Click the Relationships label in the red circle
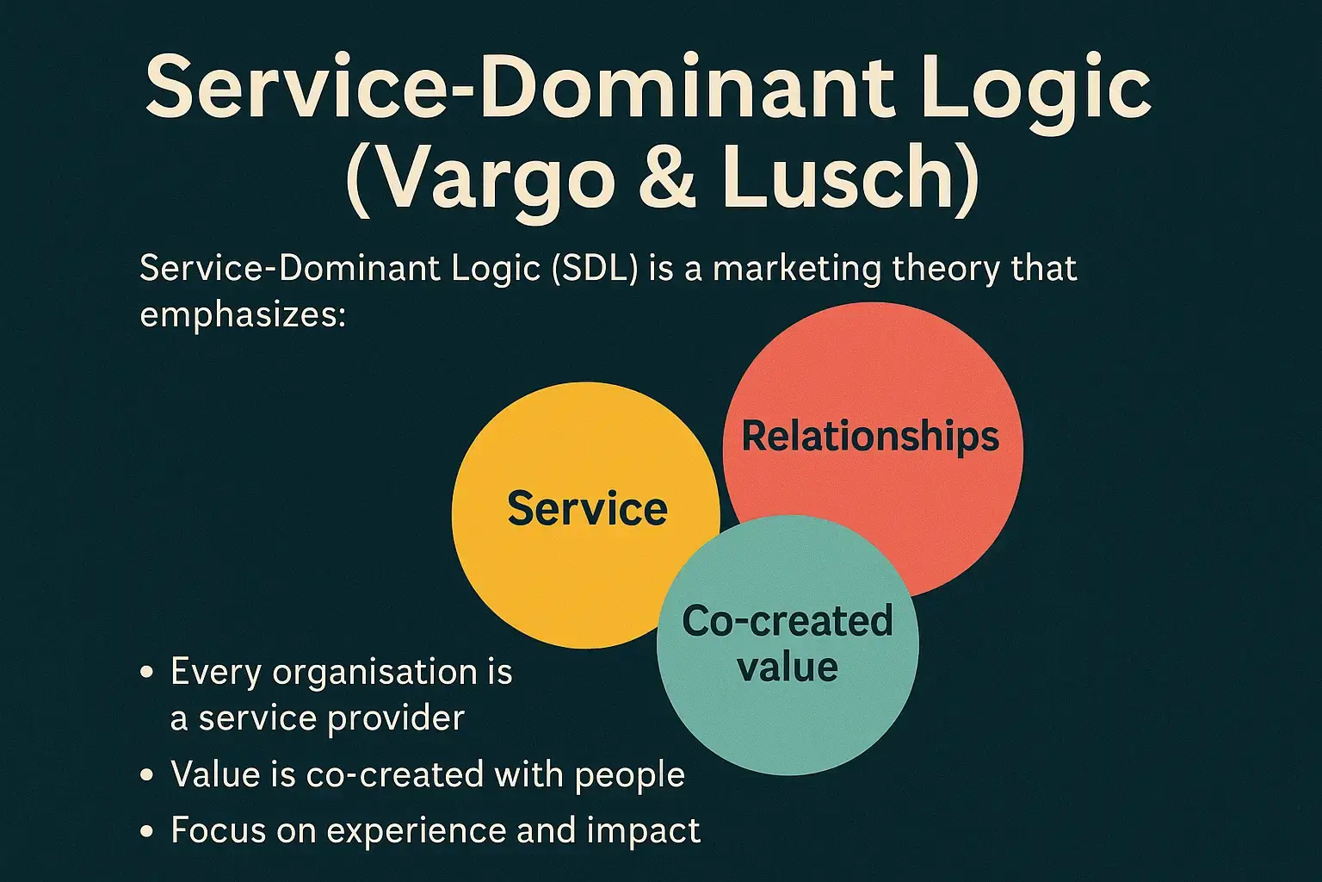tap(870, 436)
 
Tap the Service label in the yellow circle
tap(587, 508)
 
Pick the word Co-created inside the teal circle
tap(788, 621)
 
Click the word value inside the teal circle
tap(788, 667)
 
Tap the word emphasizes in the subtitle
tap(242, 314)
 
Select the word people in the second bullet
tap(630, 774)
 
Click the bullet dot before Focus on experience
tap(147, 831)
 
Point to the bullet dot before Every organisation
tap(147, 673)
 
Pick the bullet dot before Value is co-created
tap(147, 774)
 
